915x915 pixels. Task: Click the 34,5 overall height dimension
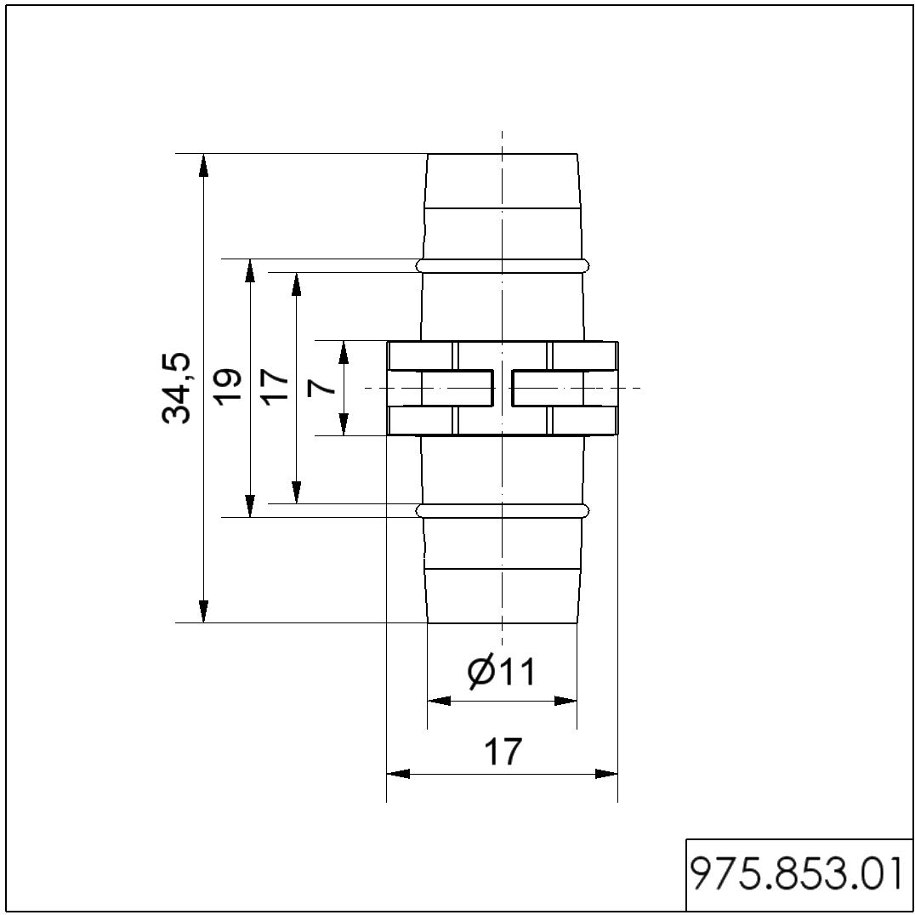176,388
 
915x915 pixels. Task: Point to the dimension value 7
321,387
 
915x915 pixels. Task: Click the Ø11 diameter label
501,672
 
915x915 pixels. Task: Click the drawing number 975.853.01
797,873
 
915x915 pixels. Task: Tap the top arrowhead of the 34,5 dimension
203,165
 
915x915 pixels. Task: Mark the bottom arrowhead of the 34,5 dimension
203,611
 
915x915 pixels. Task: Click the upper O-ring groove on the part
503,266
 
